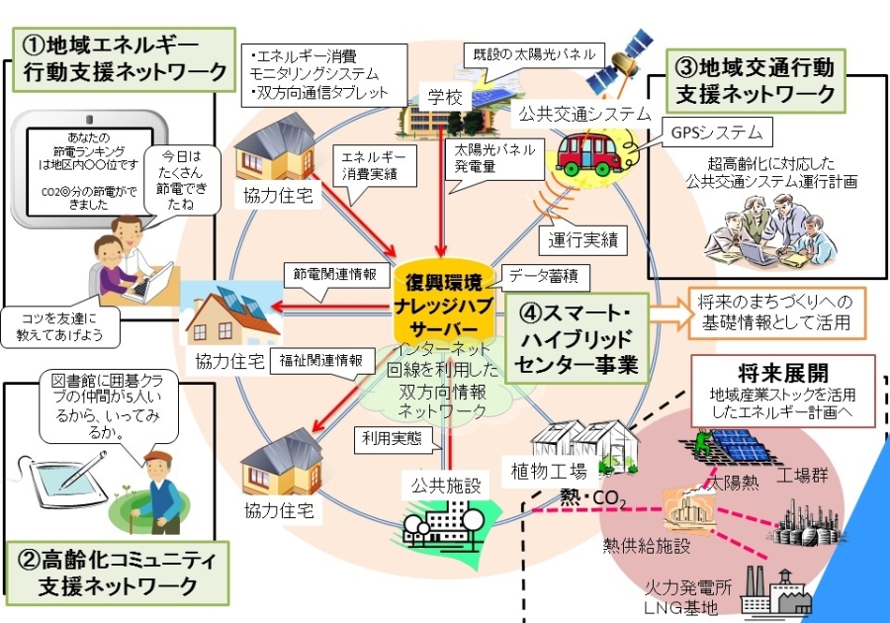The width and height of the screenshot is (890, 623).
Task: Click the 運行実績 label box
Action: coord(583,238)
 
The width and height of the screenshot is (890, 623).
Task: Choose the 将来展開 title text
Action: coord(761,372)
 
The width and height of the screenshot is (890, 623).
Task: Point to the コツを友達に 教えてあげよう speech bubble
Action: coord(67,327)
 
